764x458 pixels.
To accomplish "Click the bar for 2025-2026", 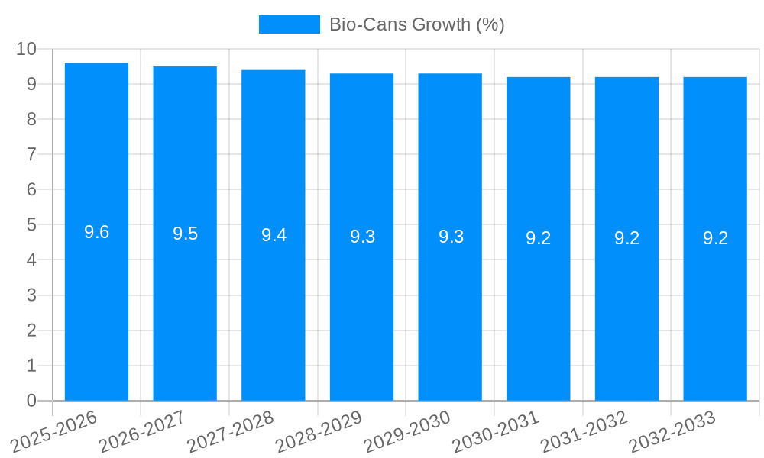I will (96, 305).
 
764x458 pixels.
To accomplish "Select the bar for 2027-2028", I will (274, 305).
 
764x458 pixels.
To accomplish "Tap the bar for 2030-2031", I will (539, 305).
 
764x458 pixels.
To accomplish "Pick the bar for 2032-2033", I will (715, 305).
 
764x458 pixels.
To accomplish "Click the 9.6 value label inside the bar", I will (96, 232).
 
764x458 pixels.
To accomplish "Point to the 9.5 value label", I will (185, 234).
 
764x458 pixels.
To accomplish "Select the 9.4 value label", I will (274, 235).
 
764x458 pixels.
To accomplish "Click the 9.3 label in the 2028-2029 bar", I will (362, 237).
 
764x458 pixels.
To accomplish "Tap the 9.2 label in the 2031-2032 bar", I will (626, 238).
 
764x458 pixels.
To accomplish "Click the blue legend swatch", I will (290, 24).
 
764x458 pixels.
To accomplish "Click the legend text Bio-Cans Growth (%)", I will (416, 24).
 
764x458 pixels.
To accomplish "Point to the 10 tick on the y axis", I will (27, 49).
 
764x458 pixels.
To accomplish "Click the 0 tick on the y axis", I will (31, 401).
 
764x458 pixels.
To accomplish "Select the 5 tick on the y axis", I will (31, 225).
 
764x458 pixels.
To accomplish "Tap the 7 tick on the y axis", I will (31, 154).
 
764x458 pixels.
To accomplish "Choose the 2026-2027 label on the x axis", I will (142, 431).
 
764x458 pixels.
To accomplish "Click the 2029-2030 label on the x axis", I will (407, 431).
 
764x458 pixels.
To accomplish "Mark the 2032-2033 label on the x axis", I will (672, 431).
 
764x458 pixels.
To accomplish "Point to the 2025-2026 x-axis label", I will (54, 431).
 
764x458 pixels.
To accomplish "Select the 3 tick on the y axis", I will (31, 295).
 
